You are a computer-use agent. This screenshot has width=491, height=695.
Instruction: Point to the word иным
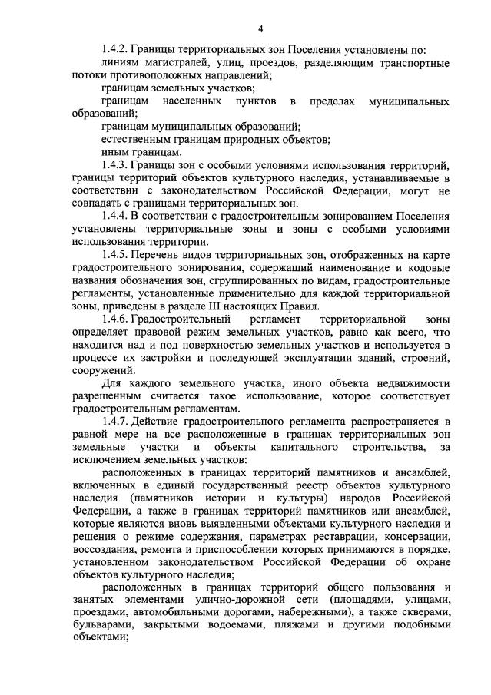pyautogui.click(x=114, y=153)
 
